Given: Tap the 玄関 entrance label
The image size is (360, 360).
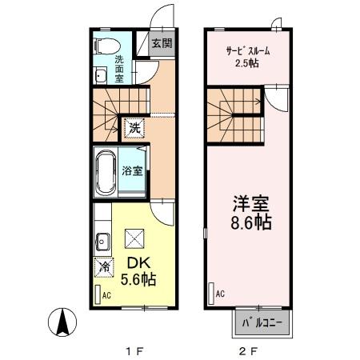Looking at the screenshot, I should tap(162, 43).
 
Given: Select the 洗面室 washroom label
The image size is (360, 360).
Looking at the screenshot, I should tap(118, 69).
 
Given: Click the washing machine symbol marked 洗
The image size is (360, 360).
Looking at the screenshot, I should tap(135, 126).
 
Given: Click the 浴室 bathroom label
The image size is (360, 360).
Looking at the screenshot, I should tap(133, 170).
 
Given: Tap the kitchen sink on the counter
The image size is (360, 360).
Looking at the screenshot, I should tap(102, 238).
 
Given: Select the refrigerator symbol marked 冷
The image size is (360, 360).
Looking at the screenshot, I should tap(103, 266).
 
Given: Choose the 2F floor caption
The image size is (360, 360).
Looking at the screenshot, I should tap(248, 348).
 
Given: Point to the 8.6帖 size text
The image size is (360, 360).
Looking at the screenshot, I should tap(249, 223).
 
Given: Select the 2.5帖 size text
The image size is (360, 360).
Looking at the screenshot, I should tap(247, 63).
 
